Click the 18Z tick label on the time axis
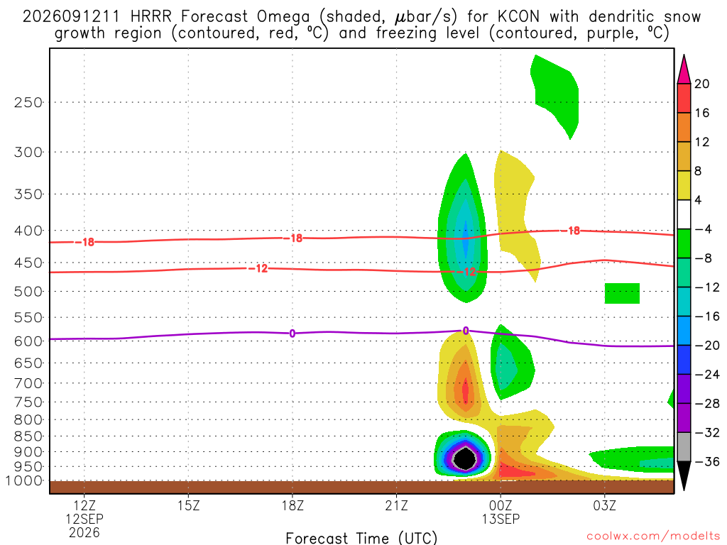(293, 505)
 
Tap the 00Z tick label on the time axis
(501, 505)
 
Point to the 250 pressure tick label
(28, 102)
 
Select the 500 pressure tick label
(28, 292)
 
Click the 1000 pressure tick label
(25, 481)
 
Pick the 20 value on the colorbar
(702, 84)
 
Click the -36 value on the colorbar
(708, 461)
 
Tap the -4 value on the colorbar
(703, 229)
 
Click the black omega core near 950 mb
(464, 459)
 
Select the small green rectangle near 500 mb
(622, 293)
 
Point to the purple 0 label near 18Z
(292, 334)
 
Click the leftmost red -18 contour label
(85, 242)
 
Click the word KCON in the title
(518, 17)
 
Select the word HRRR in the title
(151, 17)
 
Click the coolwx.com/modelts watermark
(653, 536)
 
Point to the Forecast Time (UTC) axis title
(361, 538)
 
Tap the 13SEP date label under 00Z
(501, 519)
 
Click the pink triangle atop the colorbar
(684, 69)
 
